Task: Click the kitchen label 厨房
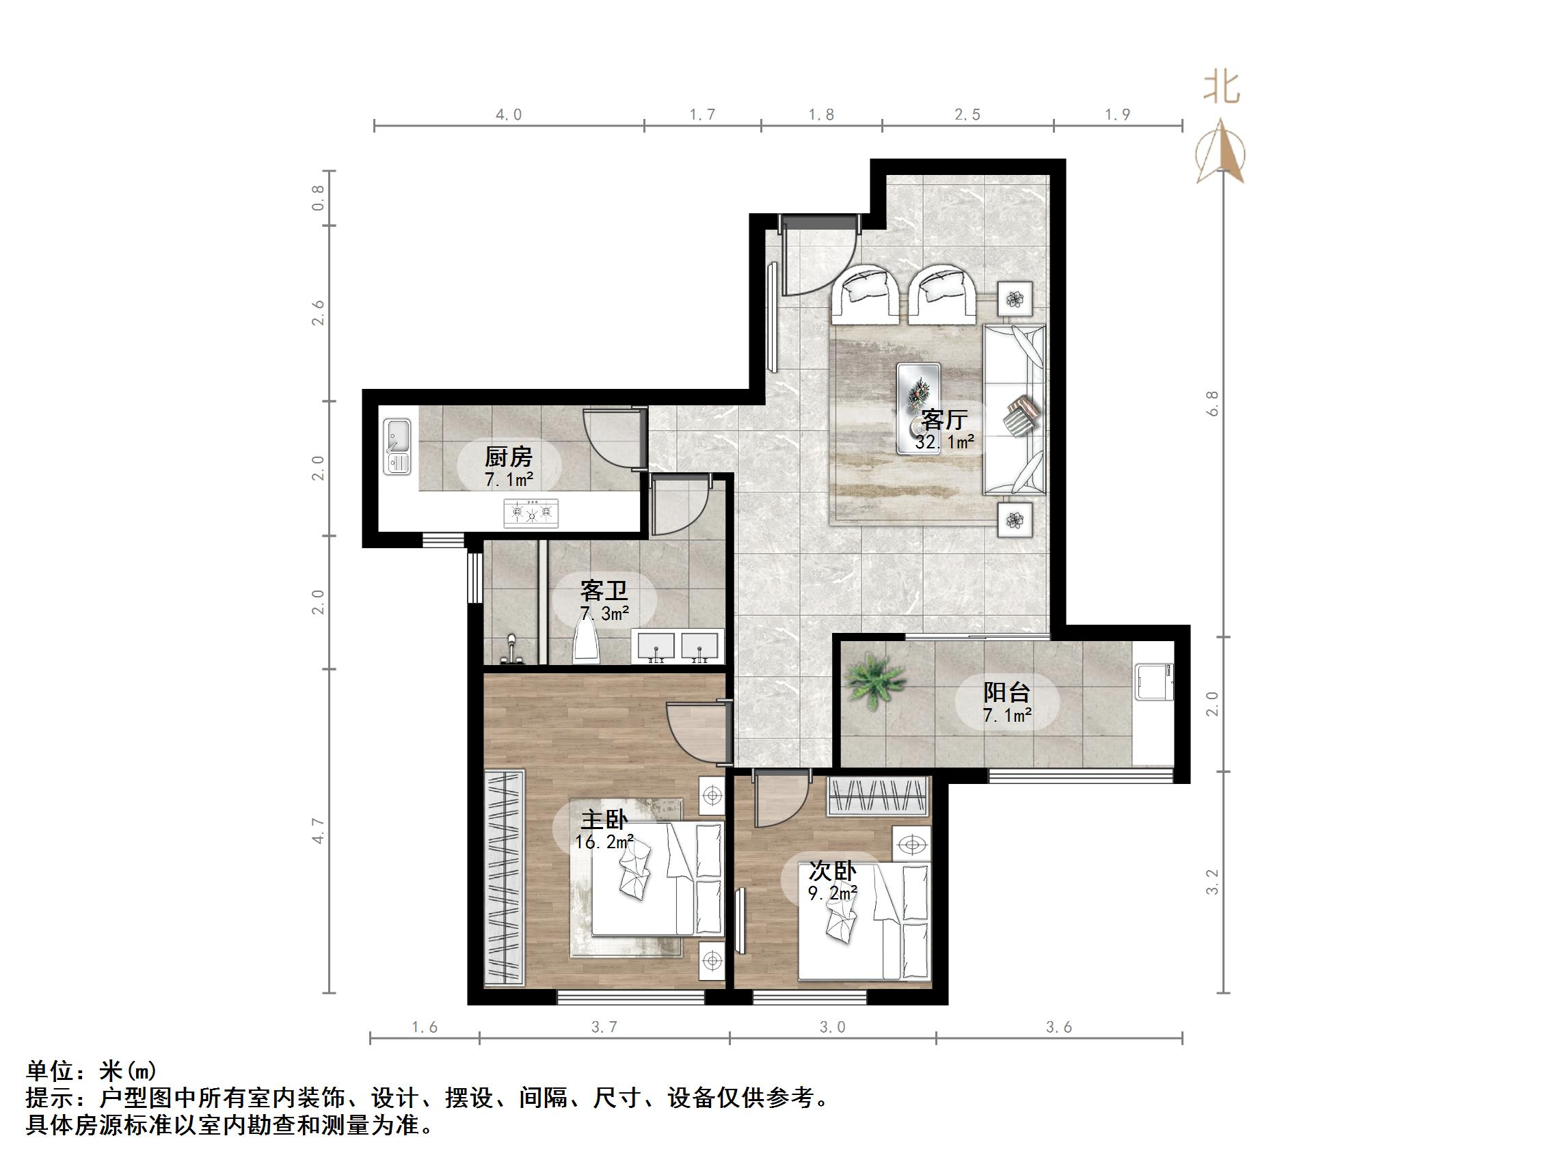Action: pyautogui.click(x=508, y=457)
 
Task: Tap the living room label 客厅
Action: pyautogui.click(x=944, y=420)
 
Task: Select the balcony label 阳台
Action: pyautogui.click(x=1006, y=692)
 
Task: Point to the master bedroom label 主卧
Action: pyautogui.click(x=604, y=820)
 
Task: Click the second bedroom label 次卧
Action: pyautogui.click(x=832, y=871)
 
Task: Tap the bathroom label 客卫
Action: pyautogui.click(x=604, y=591)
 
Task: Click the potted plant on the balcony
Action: pyautogui.click(x=874, y=679)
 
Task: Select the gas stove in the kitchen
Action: pyautogui.click(x=531, y=513)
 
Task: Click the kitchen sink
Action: pyautogui.click(x=397, y=446)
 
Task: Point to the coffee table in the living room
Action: pyautogui.click(x=918, y=407)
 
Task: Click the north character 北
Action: pyautogui.click(x=1222, y=88)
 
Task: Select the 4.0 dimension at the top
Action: pyautogui.click(x=509, y=114)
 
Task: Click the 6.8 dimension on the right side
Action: pyautogui.click(x=1212, y=403)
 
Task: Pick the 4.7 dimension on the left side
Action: pyautogui.click(x=319, y=830)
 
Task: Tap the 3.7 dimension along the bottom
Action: pyautogui.click(x=604, y=1027)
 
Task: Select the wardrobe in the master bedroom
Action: pyautogui.click(x=505, y=877)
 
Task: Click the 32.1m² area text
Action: pyautogui.click(x=944, y=442)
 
